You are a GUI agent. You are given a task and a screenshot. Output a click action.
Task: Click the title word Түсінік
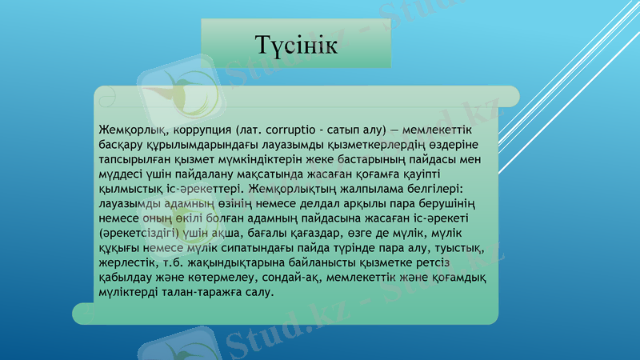pos(295,45)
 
